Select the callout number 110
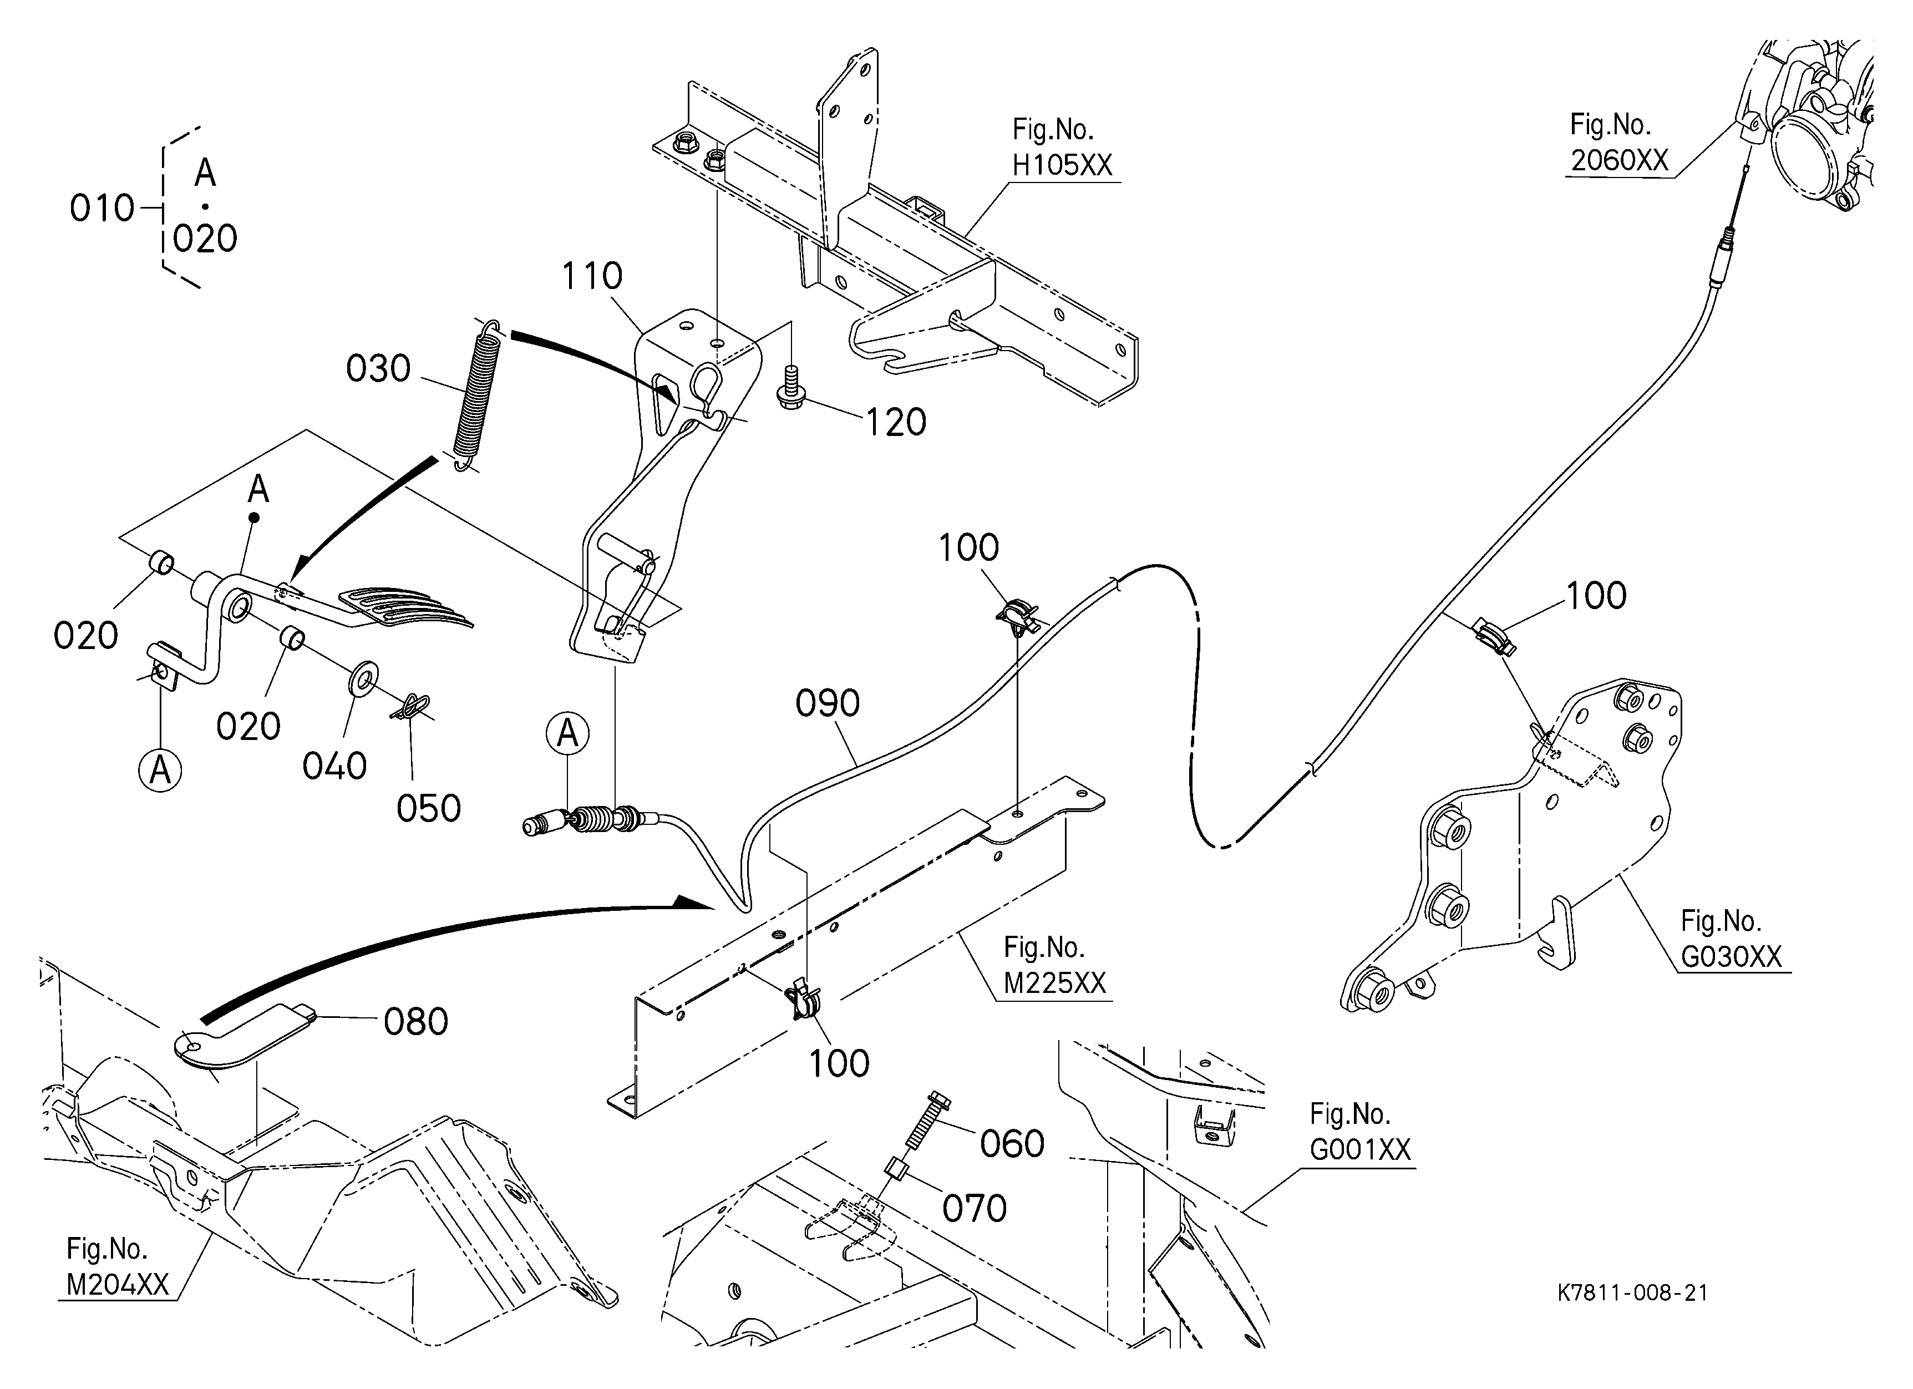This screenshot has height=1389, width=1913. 592,276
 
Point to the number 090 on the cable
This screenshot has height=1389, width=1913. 828,703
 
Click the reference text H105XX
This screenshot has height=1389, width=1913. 1062,165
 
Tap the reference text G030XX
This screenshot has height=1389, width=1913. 1731,956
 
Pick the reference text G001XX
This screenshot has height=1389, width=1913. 1359,1149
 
